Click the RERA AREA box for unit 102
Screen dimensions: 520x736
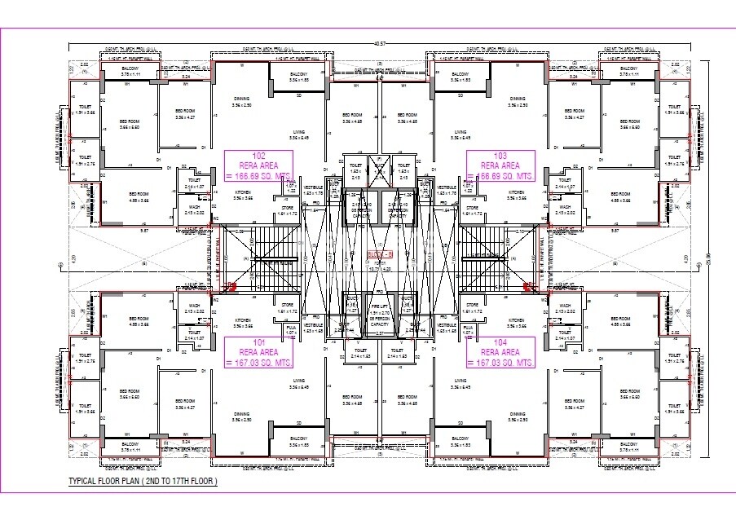click(259, 165)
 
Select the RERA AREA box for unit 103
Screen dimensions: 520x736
click(500, 165)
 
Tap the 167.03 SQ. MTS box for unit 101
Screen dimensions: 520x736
click(259, 352)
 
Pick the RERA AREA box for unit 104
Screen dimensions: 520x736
click(500, 352)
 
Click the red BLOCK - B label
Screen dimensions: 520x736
click(380, 255)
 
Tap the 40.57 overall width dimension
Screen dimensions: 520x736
click(379, 43)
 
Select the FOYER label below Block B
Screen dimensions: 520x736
click(380, 262)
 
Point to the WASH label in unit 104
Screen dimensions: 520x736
click(565, 306)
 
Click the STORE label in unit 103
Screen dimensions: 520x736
click(472, 208)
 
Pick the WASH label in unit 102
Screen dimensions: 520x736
click(194, 207)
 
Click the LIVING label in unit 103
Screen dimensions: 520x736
click(461, 132)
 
